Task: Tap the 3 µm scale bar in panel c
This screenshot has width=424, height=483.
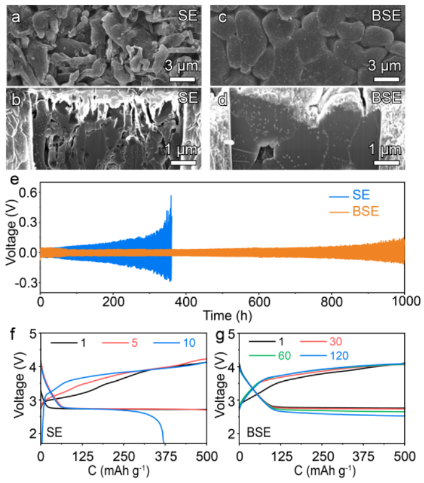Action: click(x=386, y=79)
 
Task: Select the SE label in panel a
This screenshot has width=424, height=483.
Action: click(x=187, y=17)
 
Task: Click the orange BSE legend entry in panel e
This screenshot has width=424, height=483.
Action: click(x=353, y=212)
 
